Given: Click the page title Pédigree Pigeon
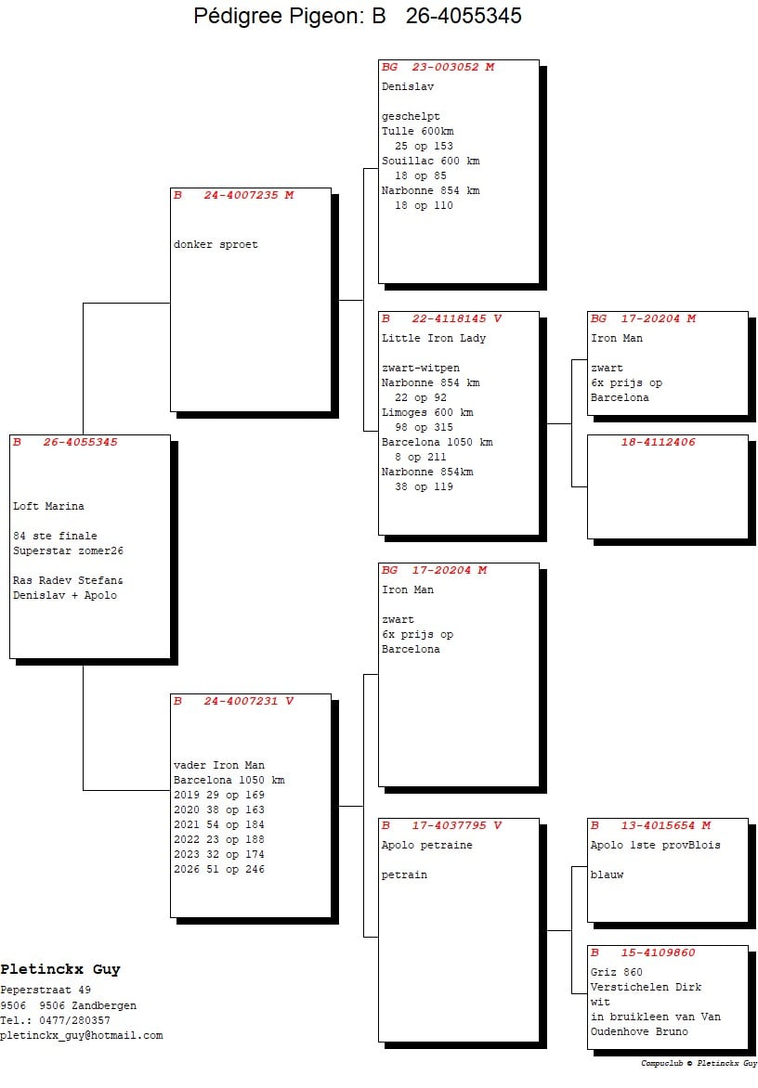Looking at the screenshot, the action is [278, 16].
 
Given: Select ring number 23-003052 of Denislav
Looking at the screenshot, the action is [445, 68].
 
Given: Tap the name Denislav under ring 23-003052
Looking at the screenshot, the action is [408, 86].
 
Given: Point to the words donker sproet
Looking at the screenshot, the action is [216, 245].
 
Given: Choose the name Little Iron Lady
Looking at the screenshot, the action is [433, 339].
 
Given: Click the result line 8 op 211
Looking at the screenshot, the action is [420, 458].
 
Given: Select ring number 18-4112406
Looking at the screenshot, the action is [658, 442].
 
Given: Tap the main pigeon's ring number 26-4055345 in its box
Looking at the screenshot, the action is [80, 442].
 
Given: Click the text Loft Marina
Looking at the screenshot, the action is [48, 507].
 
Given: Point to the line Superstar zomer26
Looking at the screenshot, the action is [68, 550].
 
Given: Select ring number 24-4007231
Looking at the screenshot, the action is [241, 702].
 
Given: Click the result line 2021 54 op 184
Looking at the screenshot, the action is [218, 825].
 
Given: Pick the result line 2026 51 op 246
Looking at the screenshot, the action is [218, 870].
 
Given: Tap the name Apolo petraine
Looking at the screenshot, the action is [426, 846].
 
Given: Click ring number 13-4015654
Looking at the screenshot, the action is [658, 825].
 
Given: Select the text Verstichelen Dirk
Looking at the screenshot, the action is [646, 988].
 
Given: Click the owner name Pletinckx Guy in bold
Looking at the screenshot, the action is [60, 969].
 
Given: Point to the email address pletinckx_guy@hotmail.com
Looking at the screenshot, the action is [81, 1036].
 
